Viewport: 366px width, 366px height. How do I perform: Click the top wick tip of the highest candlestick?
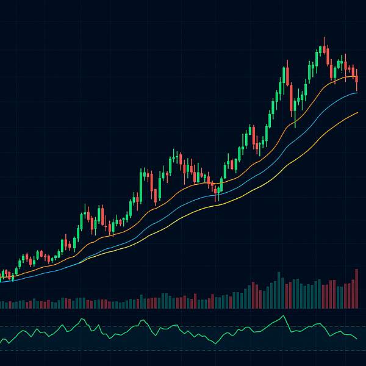(x=324, y=38)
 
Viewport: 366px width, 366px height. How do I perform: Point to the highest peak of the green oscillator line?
(x=284, y=315)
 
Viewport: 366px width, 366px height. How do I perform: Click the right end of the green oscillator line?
(x=358, y=339)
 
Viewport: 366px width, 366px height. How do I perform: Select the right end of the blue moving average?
(x=358, y=93)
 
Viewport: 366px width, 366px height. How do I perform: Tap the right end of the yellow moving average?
(x=358, y=112)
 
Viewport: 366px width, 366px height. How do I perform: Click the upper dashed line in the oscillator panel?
(x=183, y=327)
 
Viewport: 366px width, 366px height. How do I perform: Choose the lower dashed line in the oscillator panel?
(x=183, y=350)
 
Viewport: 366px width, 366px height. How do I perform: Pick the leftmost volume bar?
(x=1, y=304)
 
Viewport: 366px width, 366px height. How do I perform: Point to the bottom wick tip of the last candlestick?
(x=356, y=91)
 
